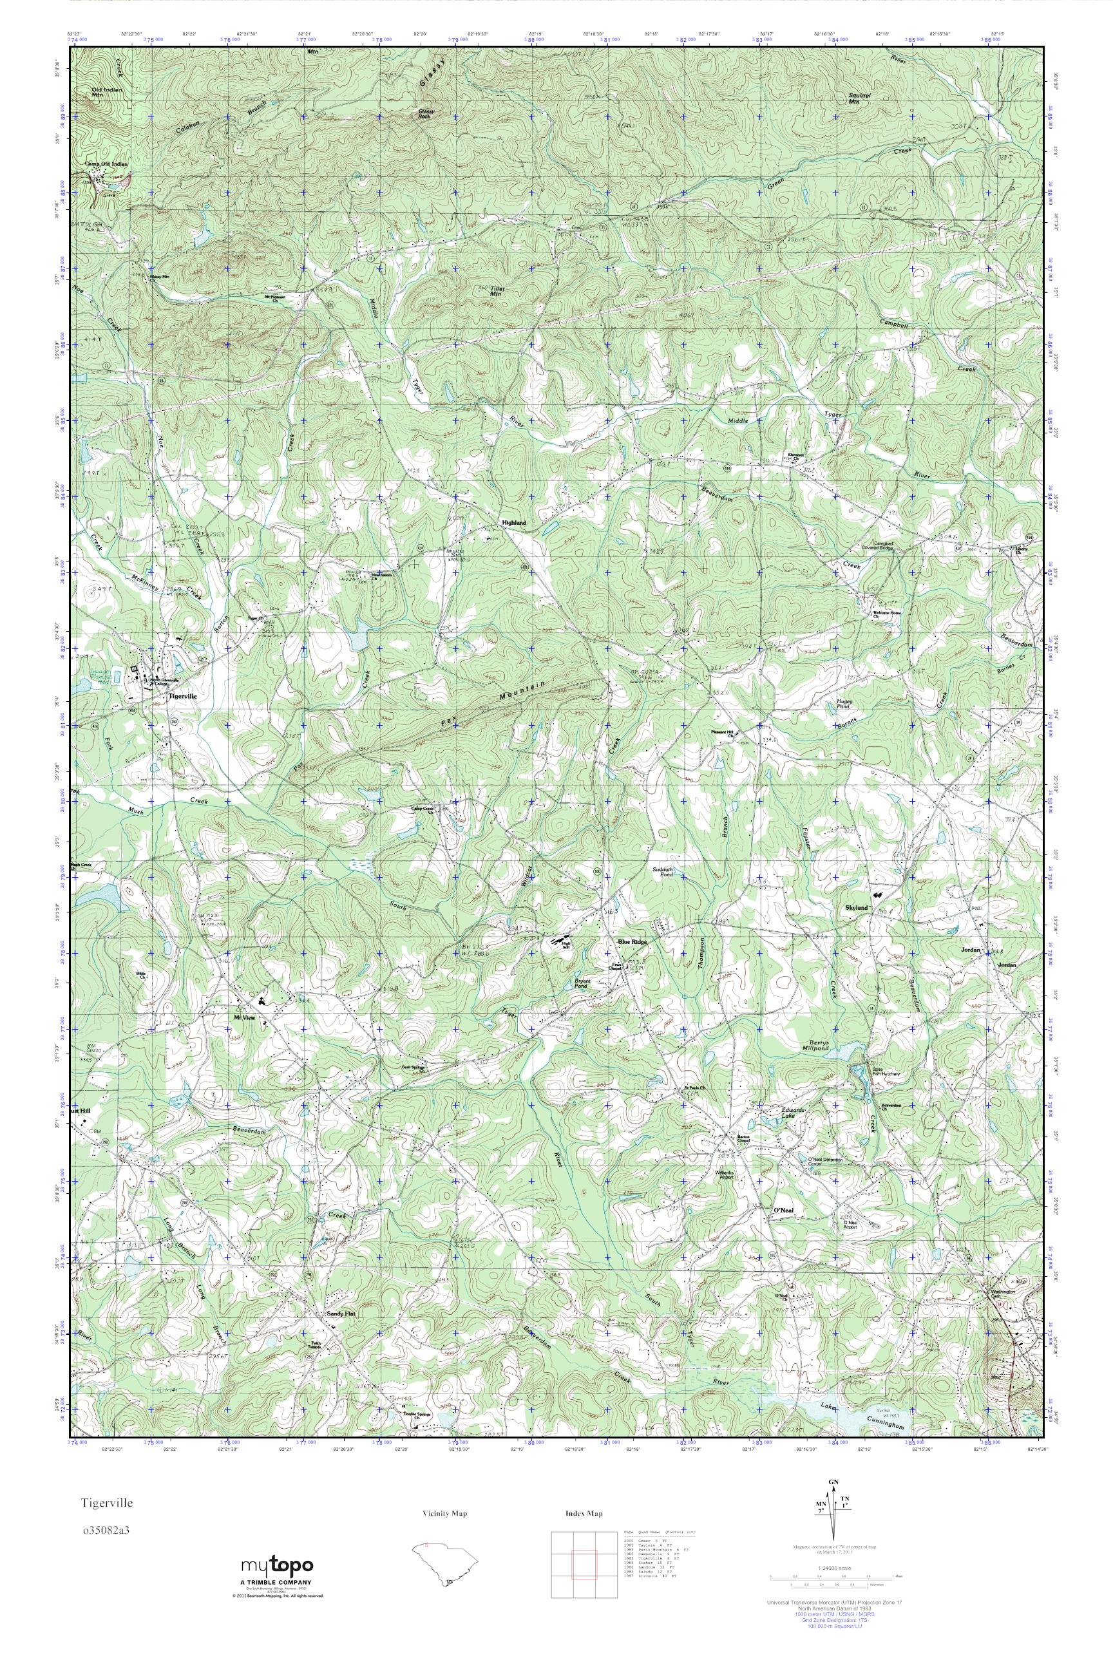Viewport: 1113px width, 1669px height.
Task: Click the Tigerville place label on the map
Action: [x=180, y=697]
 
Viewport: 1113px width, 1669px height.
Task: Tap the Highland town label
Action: [x=514, y=523]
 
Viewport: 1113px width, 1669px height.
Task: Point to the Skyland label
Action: [x=857, y=908]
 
